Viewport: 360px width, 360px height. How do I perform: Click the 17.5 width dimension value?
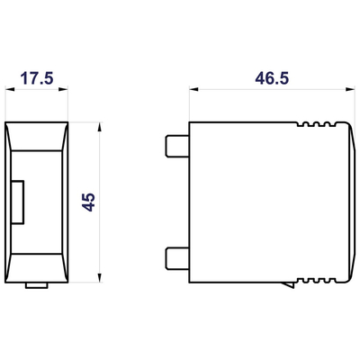point(35,79)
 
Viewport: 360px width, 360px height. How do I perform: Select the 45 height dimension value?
point(88,200)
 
